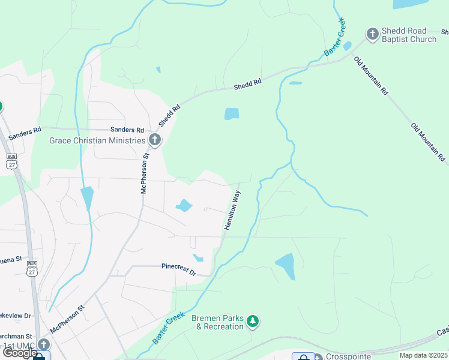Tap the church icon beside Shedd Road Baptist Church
pos(372,34)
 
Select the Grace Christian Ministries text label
pos(97,140)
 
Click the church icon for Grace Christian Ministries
pos(155,140)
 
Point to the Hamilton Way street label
pos(232,210)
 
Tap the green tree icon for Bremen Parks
pos(253,322)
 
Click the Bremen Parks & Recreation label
pos(217,322)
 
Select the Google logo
pos(19,353)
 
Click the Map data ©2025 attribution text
pos(424,355)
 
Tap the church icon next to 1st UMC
pos(43,344)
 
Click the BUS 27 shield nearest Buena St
pos(32,268)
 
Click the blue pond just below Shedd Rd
pos(231,113)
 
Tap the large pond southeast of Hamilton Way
pos(286,266)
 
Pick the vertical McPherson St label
pos(144,175)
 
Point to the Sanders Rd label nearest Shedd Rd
pos(127,130)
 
